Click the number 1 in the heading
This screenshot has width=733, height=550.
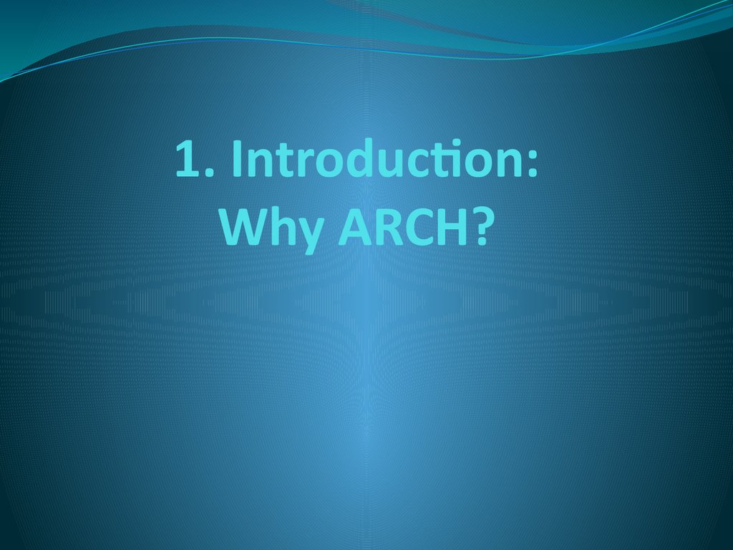(188, 158)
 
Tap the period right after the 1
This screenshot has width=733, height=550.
(209, 173)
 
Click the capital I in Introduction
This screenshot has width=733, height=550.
(236, 158)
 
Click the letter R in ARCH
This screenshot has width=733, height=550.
(390, 227)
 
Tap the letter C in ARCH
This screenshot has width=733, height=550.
(419, 227)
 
